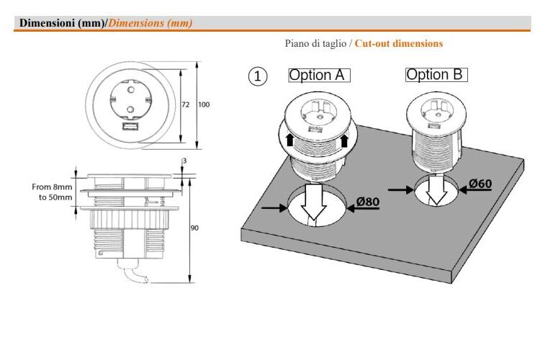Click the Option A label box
319,75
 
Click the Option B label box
436,75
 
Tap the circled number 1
258,76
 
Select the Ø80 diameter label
368,201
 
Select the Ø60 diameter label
480,184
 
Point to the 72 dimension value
185,104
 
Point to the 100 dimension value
204,104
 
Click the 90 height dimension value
194,228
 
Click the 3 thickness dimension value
184,161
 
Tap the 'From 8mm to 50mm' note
52,192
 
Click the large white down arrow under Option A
313,202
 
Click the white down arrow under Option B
436,191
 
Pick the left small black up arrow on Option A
289,140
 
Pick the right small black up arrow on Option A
344,140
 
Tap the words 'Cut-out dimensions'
399,43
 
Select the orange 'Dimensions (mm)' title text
150,23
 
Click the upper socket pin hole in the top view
131,90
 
